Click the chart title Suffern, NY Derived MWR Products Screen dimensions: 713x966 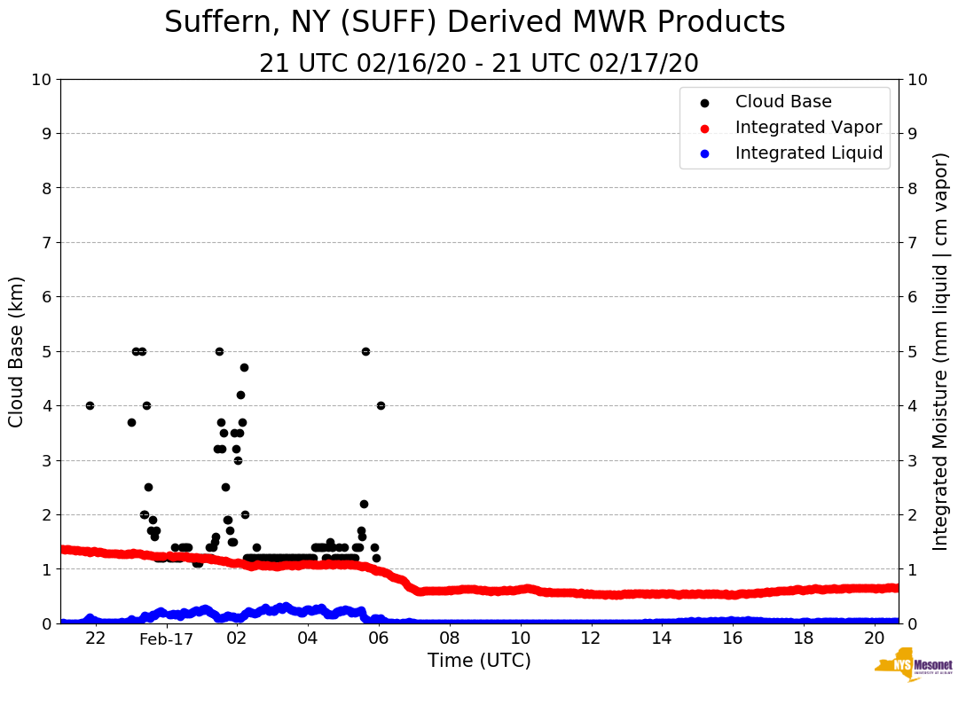[x=475, y=22]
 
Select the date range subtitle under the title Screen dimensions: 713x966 [x=479, y=64]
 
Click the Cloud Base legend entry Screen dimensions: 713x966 [x=783, y=102]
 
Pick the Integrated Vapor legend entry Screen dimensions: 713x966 [x=808, y=128]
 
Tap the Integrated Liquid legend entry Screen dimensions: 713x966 [x=808, y=153]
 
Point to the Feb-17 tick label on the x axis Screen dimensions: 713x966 [x=166, y=639]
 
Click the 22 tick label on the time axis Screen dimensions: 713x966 [x=96, y=639]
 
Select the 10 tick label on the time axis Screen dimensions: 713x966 [x=520, y=639]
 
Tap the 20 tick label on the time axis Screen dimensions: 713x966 [x=874, y=639]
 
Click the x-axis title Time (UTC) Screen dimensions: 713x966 [x=479, y=661]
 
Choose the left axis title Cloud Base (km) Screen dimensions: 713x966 [x=17, y=351]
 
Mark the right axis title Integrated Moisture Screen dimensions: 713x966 [x=941, y=351]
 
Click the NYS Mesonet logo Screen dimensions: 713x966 [x=913, y=667]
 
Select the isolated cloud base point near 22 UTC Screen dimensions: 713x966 [x=90, y=405]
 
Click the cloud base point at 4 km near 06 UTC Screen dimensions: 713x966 [x=381, y=405]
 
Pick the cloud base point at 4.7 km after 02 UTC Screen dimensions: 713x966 [x=244, y=367]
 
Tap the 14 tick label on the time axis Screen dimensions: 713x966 [x=661, y=639]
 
